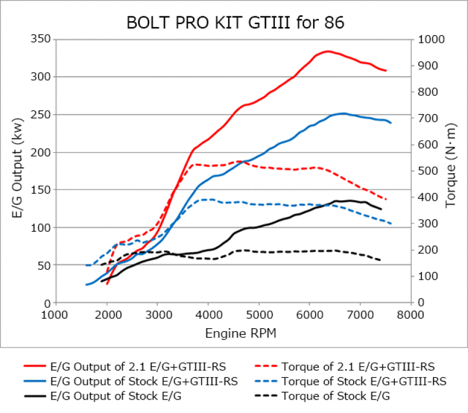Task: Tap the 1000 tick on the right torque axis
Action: [x=429, y=39]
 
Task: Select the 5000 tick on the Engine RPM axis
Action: [x=259, y=315]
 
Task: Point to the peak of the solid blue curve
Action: [x=343, y=113]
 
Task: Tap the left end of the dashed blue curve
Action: [x=87, y=265]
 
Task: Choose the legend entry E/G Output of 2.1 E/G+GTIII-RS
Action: [x=132, y=367]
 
